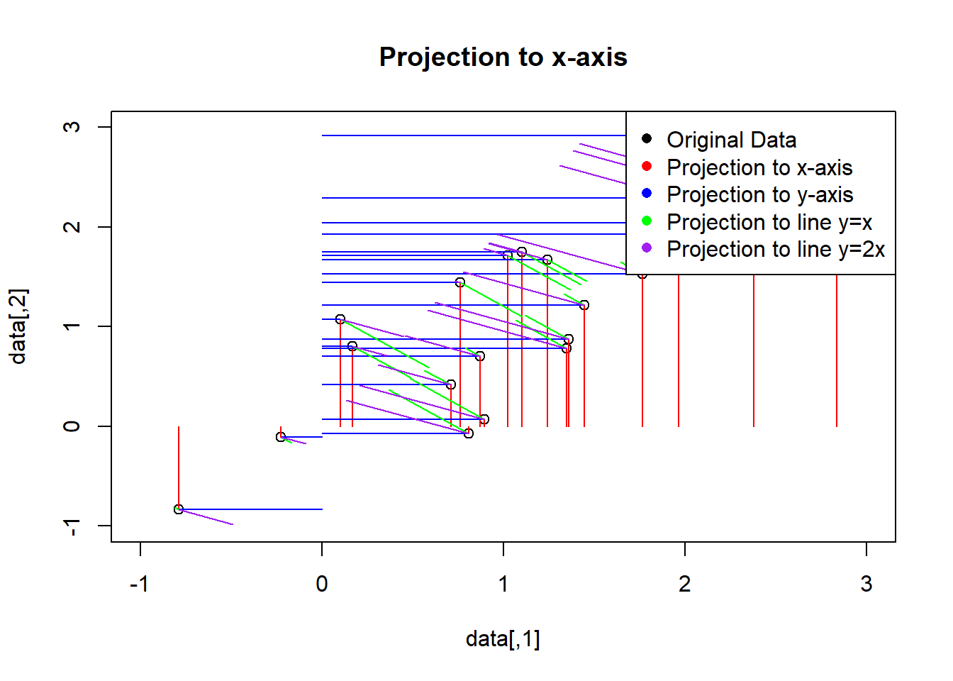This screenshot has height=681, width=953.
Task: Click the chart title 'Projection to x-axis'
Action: point(503,57)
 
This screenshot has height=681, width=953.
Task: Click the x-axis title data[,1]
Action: point(503,638)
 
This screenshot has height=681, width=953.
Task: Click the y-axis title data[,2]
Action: point(18,326)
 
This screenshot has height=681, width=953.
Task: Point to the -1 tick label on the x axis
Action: point(140,584)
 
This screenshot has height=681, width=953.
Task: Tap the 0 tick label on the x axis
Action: point(322,584)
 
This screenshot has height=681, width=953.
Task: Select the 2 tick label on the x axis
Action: point(684,584)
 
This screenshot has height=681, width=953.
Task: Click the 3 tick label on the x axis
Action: point(866,584)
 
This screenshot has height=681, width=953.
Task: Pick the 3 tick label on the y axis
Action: point(72,127)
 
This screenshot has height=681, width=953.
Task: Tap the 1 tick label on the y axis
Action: point(72,326)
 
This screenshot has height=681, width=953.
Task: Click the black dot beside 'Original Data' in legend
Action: point(647,138)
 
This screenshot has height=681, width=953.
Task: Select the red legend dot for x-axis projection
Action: point(647,166)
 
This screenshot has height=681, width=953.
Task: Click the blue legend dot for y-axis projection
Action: point(647,193)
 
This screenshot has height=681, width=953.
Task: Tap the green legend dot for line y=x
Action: point(647,221)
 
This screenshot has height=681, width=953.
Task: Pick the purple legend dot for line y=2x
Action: point(647,248)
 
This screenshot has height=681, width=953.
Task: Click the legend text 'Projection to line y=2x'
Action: point(776,249)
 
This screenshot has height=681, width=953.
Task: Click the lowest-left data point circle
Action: point(179,509)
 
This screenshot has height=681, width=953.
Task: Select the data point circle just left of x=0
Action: point(281,437)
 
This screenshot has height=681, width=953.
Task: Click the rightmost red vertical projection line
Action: point(837,355)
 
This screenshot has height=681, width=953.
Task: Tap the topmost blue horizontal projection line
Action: point(468,135)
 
